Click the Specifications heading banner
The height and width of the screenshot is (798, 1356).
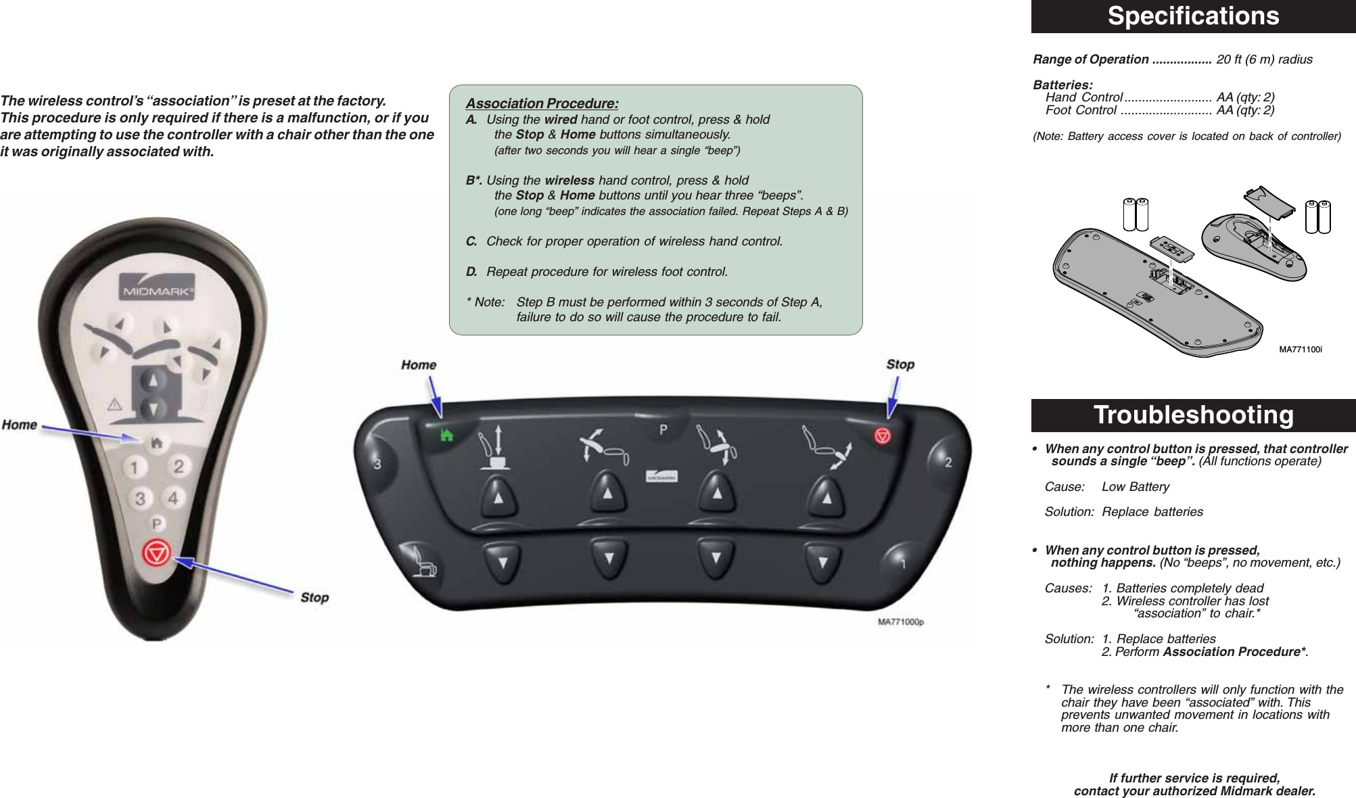point(1193,16)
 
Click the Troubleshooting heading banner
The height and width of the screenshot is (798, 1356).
point(1193,415)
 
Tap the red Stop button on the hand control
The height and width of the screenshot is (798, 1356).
point(157,554)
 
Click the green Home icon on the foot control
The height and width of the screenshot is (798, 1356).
point(447,436)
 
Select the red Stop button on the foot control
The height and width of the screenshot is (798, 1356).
point(883,436)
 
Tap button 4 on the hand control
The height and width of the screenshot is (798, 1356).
point(174,498)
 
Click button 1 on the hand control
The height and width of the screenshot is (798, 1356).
point(135,467)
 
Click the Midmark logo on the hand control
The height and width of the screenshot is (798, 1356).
point(158,291)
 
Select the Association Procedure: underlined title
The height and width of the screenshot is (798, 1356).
point(542,103)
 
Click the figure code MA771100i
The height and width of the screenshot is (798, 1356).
point(1300,350)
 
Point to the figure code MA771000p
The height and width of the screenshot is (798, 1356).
point(900,622)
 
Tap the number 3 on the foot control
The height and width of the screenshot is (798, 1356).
point(378,464)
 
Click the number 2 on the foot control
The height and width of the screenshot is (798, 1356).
point(948,463)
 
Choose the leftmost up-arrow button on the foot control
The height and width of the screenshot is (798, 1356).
point(499,497)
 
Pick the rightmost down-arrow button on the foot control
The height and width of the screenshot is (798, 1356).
point(823,561)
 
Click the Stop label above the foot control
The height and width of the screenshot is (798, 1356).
point(900,365)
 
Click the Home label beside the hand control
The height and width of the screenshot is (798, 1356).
point(20,425)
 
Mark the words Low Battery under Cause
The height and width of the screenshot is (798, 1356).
point(1136,487)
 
